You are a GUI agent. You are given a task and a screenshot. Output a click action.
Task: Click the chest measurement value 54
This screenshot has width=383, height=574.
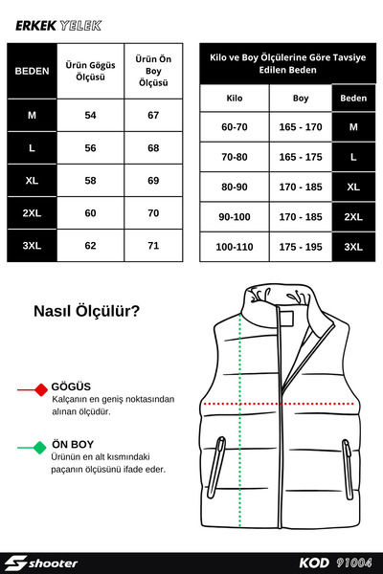point(90,115)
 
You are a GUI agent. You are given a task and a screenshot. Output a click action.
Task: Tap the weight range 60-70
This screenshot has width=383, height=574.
point(234,126)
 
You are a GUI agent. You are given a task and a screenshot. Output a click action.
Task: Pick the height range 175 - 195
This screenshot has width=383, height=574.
point(300,246)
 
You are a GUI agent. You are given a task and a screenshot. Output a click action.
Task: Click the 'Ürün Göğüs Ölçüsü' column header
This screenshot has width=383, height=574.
point(90,70)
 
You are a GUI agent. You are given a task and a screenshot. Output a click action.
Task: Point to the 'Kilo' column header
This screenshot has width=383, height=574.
point(234,98)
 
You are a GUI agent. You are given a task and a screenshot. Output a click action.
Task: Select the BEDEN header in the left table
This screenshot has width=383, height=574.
point(32,70)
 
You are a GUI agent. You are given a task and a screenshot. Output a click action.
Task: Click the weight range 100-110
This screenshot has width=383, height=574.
point(234,246)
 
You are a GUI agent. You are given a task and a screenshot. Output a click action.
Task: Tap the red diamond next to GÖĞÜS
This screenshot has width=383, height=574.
point(40,389)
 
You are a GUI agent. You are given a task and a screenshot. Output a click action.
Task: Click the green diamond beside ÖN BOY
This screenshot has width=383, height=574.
point(40,447)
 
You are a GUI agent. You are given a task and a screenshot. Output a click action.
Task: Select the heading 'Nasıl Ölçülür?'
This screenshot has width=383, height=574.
point(86,311)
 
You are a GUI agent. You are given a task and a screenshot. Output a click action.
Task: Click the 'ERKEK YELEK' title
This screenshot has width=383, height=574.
point(57,27)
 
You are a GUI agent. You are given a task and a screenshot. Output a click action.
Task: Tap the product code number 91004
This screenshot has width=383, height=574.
point(353,563)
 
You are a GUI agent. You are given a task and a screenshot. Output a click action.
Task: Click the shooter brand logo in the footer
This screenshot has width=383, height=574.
point(42,563)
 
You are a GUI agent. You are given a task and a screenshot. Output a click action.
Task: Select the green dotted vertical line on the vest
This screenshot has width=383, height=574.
point(251,430)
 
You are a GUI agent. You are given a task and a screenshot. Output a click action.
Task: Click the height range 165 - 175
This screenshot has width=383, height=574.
point(300,156)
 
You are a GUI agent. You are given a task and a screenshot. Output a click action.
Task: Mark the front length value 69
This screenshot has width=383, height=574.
point(153,180)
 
